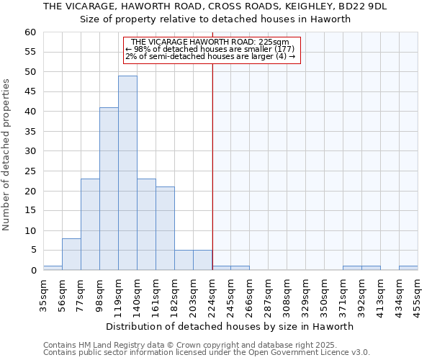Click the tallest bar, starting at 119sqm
pos(127,173)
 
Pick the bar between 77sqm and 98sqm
pos(90,225)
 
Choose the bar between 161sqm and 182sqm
pos(165,228)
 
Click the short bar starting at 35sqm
pos(53,268)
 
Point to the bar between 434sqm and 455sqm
pos(408,268)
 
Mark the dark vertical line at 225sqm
pos(212,166)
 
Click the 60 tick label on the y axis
pos(30,32)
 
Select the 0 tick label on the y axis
pos(32,271)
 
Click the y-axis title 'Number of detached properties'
pos(7,155)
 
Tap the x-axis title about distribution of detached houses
pos(229,326)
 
